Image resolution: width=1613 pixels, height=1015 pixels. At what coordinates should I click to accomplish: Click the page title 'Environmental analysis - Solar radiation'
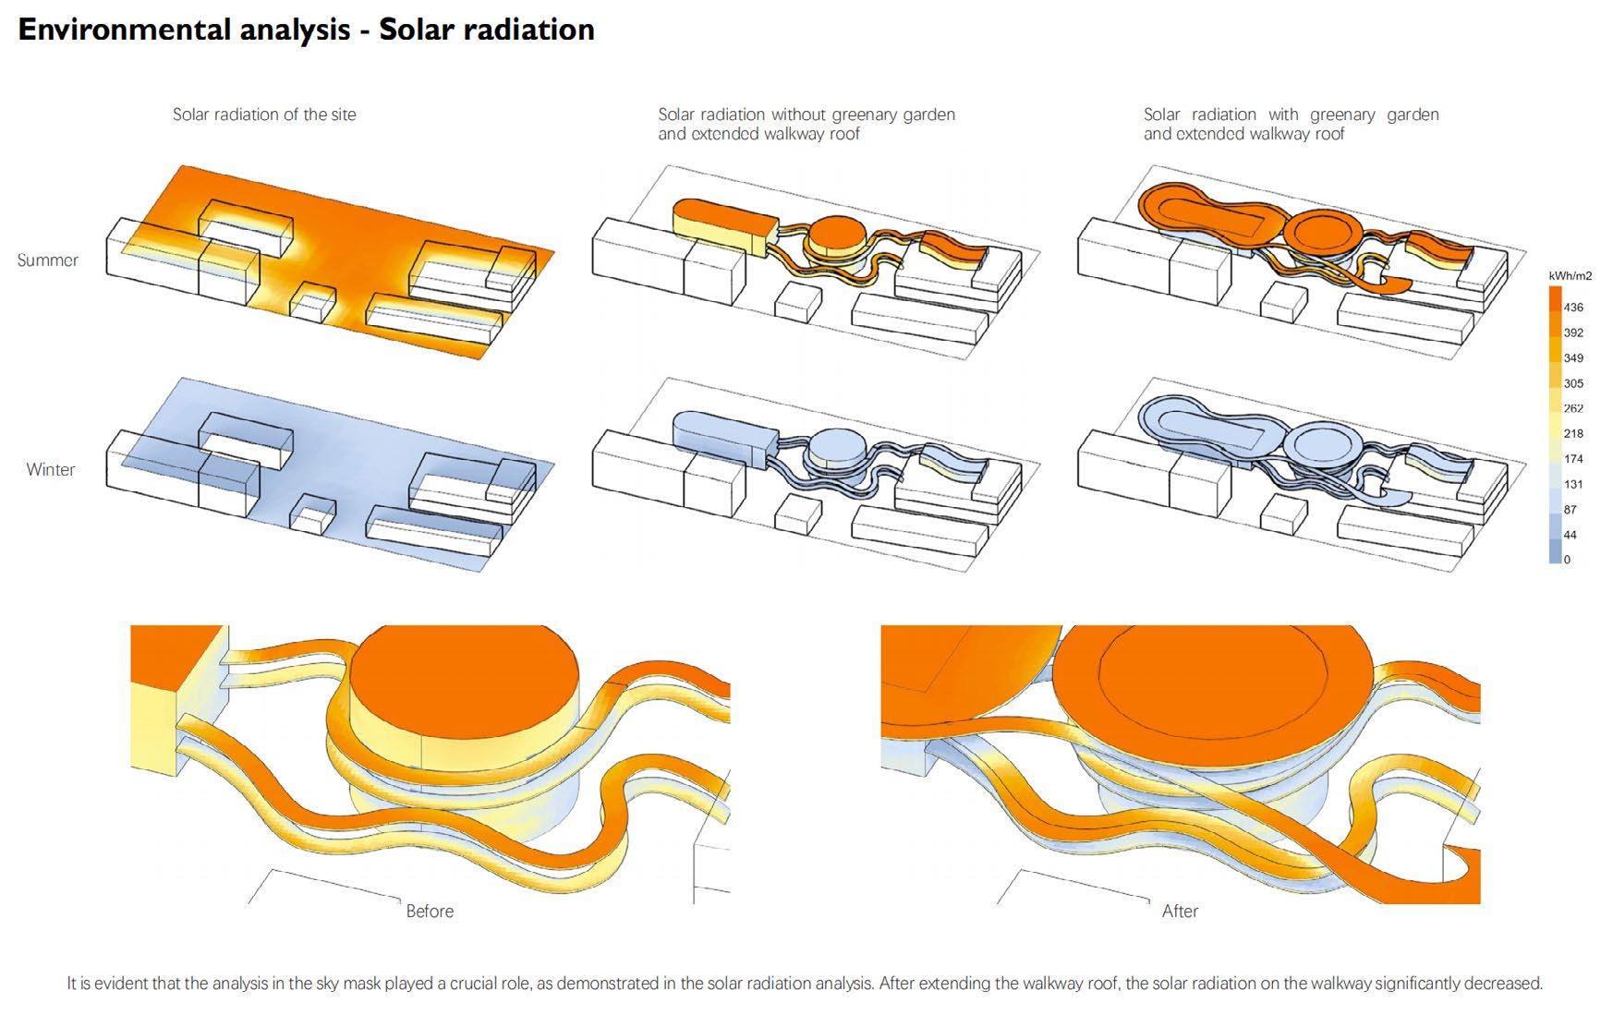(306, 30)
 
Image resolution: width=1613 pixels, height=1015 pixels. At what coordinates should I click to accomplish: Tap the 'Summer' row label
(48, 260)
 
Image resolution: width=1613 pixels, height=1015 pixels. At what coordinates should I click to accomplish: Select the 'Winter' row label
(51, 469)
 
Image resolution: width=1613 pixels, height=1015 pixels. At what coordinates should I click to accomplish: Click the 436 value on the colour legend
(1573, 308)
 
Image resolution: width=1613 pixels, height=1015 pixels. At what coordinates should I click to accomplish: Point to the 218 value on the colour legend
(1573, 433)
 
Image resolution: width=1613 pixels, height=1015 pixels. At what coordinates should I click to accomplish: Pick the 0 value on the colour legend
(1567, 560)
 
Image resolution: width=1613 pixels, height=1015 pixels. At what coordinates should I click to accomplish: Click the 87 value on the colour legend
(1571, 510)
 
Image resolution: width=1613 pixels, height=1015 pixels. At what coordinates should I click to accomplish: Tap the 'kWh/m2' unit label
(1570, 276)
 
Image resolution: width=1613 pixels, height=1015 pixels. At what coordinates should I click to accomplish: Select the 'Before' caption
(430, 912)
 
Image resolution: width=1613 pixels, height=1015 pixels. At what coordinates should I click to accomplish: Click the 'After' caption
(1180, 912)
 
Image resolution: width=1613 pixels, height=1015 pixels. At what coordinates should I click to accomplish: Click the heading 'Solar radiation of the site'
(264, 115)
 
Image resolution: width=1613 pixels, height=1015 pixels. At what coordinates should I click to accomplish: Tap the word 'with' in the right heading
(1283, 115)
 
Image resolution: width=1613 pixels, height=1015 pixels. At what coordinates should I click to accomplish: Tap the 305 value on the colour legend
(1573, 383)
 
